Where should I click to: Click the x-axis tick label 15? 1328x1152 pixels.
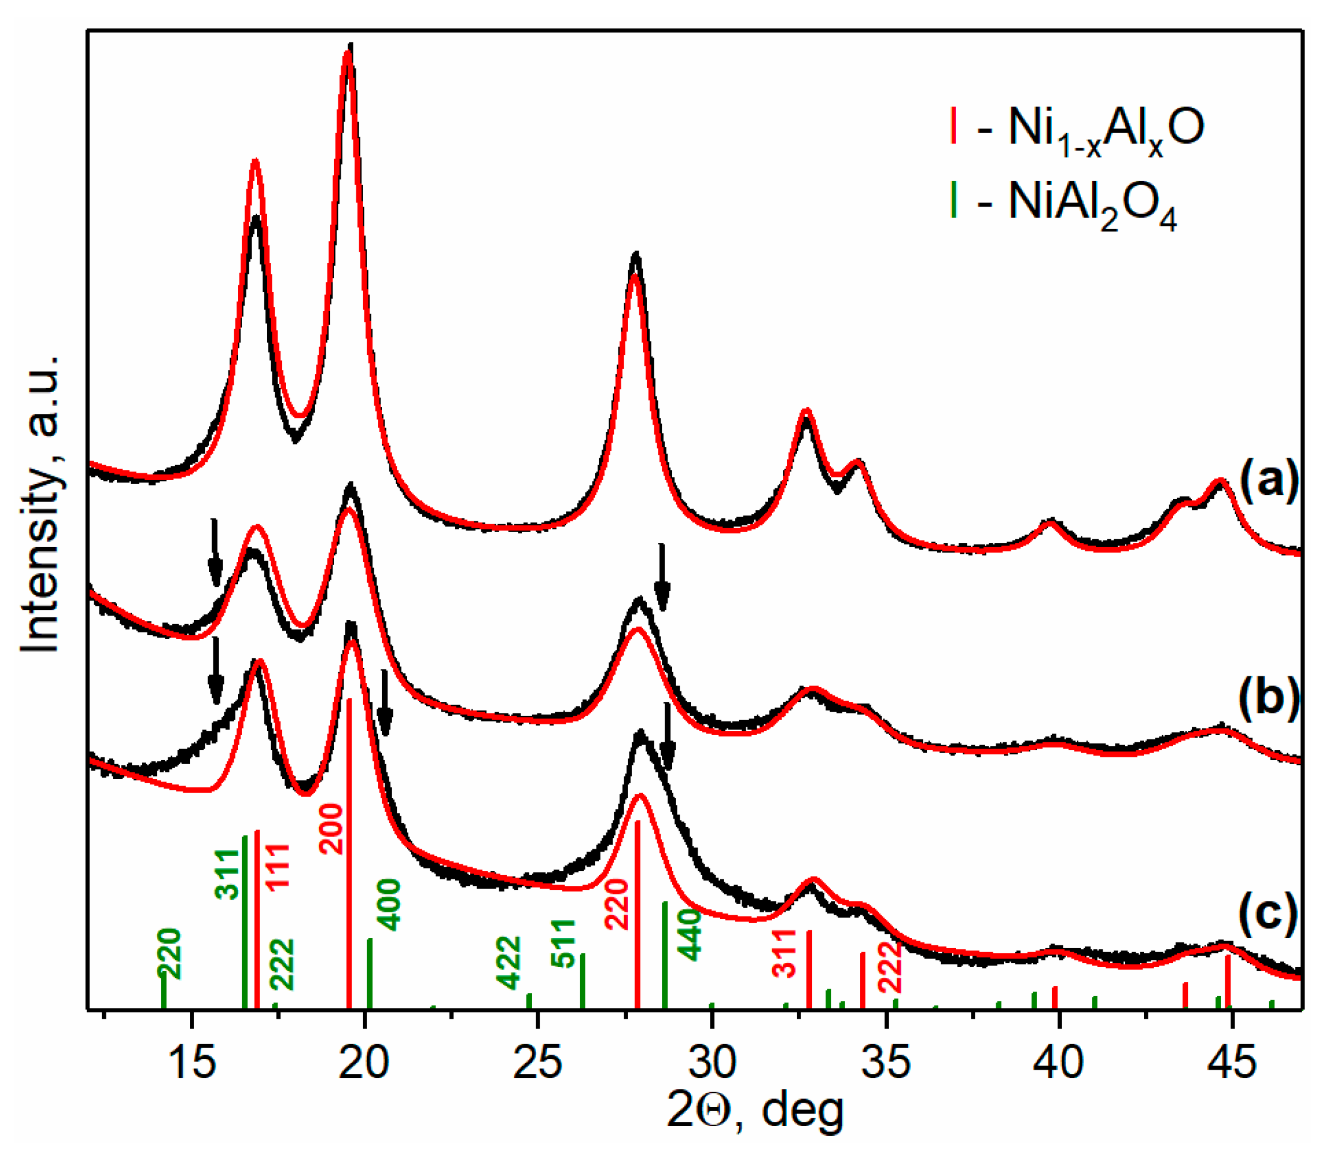pos(191,1063)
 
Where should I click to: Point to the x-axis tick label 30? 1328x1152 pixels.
pos(712,1063)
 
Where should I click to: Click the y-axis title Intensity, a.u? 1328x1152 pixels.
pos(40,504)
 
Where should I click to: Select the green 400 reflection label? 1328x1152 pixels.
pos(388,905)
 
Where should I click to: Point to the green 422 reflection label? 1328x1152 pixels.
pos(508,962)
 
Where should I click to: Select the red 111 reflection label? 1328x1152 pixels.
pos(278,867)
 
